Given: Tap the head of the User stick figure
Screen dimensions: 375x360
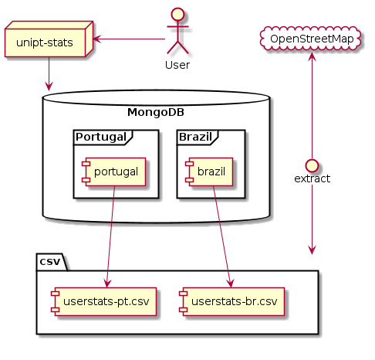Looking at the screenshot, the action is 178,14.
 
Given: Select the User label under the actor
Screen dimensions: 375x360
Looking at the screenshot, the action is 177,65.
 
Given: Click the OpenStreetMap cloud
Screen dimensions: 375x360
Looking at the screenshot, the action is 311,39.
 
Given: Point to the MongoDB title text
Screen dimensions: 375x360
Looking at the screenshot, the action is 156,112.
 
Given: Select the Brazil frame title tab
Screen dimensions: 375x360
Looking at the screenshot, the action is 198,138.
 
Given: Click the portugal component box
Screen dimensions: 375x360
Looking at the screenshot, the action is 113,172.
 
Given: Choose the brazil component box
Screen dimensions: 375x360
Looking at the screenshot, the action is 209,172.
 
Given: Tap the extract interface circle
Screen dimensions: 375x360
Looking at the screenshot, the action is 312,165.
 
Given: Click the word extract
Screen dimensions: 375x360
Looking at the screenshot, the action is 312,178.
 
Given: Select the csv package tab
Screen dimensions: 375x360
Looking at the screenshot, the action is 52,262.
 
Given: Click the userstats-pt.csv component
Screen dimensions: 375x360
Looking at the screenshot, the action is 103,301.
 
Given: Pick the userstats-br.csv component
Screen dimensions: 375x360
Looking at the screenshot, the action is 232,301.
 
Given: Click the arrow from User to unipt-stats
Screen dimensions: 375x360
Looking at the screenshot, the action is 129,39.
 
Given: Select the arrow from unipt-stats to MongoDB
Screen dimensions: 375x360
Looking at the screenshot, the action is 49,74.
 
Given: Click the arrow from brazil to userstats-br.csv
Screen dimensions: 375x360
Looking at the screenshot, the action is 222,236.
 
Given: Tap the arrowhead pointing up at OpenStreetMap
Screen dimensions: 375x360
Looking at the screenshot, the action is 312,56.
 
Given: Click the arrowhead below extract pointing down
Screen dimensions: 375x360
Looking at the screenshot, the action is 312,250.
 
